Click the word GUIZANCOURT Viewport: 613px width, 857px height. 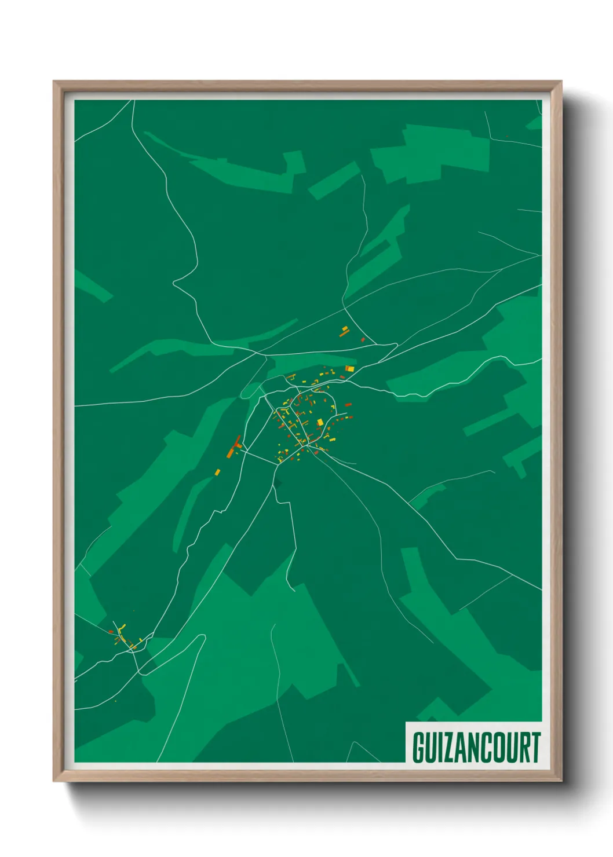click(x=476, y=748)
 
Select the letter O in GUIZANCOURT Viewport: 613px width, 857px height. click(x=498, y=748)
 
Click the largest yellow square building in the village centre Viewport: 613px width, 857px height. click(x=319, y=422)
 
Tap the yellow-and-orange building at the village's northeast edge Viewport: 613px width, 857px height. click(x=349, y=368)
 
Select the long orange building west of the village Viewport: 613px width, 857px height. click(x=235, y=446)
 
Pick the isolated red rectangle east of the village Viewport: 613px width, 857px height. click(x=348, y=405)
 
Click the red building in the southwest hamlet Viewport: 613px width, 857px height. click(x=111, y=631)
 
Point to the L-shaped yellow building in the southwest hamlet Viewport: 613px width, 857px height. click(x=122, y=628)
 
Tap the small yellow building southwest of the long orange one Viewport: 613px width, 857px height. click(x=218, y=472)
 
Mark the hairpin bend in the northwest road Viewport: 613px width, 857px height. click(x=174, y=283)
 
